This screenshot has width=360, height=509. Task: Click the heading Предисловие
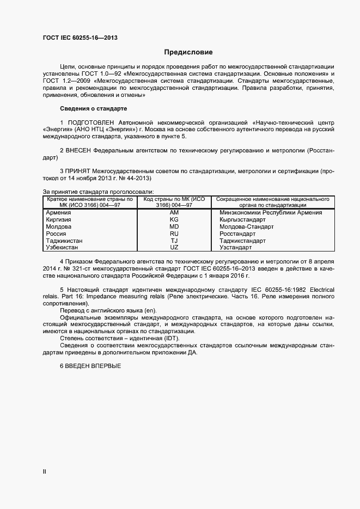pos(188,52)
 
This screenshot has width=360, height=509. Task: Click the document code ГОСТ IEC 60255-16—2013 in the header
pos(80,38)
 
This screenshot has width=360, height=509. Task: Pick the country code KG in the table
pos(174,219)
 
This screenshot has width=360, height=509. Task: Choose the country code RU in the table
pos(174,234)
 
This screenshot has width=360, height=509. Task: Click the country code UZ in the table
pos(174,247)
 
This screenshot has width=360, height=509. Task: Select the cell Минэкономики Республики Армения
pos(271,213)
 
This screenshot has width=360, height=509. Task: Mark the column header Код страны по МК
pos(174,202)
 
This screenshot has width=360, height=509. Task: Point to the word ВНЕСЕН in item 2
pos(78,149)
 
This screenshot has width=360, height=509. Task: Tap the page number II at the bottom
pos(45,472)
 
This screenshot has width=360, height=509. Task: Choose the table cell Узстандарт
pos(236,247)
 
